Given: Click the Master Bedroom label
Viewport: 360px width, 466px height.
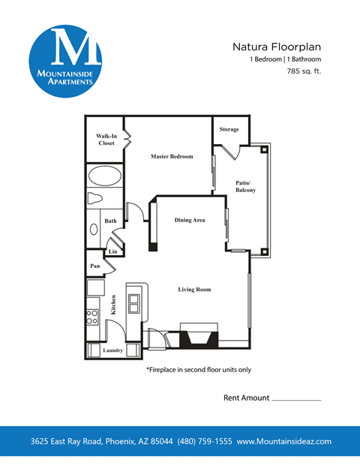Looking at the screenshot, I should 172,156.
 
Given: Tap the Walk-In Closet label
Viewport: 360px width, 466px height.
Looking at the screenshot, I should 106,140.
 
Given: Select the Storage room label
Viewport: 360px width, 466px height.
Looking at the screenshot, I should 229,129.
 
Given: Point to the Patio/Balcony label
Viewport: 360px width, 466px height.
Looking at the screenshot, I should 245,187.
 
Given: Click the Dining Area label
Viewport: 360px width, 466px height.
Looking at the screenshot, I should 190,220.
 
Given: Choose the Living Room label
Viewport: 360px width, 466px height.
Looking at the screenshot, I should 194,289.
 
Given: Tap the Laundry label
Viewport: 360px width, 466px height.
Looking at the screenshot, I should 112,350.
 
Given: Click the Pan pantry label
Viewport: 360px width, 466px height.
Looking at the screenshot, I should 96,266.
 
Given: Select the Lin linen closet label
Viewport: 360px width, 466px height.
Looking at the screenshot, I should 112,251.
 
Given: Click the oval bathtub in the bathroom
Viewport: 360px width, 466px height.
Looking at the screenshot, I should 104,177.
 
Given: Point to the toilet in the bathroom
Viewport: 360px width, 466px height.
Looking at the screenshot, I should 95,198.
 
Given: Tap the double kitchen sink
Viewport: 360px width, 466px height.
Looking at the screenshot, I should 134,303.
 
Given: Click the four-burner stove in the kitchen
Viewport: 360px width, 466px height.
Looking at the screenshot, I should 93,316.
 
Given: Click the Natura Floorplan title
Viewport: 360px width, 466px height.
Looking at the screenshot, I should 277,47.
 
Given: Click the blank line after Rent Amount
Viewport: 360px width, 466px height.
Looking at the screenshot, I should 295,399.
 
